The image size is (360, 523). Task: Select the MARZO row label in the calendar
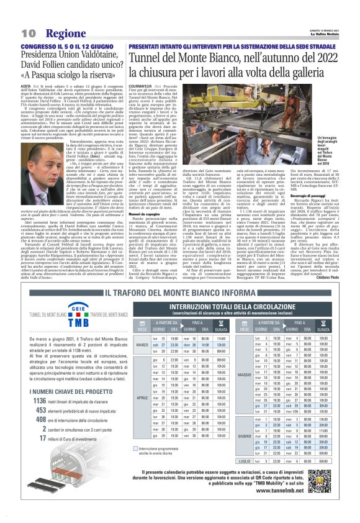(x=141, y=345)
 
